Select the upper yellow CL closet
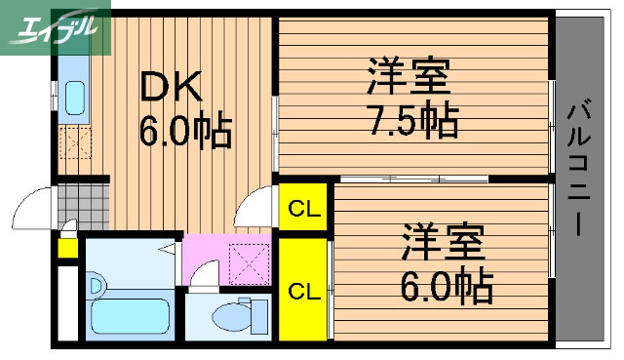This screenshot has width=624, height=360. click(305, 208)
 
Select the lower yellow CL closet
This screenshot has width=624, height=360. click(305, 290)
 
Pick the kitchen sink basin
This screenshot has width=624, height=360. click(74, 96)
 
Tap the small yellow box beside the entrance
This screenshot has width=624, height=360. click(67, 245)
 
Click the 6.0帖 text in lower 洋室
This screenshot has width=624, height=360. click(443, 286)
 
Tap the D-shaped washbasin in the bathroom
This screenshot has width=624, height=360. click(97, 286)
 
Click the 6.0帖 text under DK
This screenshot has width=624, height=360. click(185, 129)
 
